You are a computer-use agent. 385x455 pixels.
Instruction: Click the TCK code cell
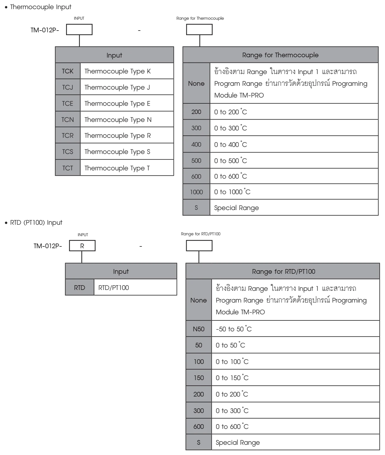tap(68, 71)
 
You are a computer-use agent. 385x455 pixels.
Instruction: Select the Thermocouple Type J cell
tap(127, 87)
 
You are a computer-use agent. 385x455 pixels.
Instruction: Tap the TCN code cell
tap(68, 119)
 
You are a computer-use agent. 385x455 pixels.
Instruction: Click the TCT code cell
tap(68, 168)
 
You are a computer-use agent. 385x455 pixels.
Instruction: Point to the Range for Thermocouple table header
tap(280, 55)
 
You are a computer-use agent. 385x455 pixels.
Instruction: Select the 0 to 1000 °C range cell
tap(294, 192)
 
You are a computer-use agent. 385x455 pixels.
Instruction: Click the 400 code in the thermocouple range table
tap(196, 145)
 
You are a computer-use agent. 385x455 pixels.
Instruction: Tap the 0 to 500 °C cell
tap(294, 160)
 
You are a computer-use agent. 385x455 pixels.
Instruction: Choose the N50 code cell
tap(199, 329)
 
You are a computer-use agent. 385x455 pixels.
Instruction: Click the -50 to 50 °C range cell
tap(295, 329)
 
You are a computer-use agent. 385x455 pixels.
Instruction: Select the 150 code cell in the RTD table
tap(199, 378)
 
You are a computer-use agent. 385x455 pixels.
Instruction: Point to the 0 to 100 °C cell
tap(295, 362)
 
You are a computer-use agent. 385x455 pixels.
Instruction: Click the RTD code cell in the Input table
tap(80, 288)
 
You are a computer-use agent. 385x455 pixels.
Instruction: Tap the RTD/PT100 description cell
tap(135, 288)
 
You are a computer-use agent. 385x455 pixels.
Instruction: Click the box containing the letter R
tap(82, 246)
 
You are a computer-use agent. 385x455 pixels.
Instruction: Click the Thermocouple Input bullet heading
tap(38, 7)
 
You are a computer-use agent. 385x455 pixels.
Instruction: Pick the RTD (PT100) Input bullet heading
tap(33, 223)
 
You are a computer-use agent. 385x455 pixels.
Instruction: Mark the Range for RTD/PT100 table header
tap(283, 271)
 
